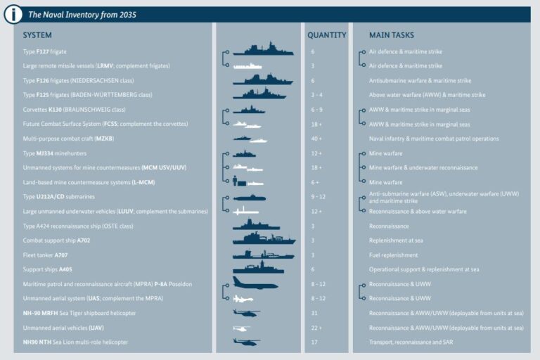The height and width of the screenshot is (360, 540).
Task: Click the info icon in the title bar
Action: (13, 14)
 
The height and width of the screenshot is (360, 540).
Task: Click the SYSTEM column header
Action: (37, 35)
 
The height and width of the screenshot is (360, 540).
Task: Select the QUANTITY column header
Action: (326, 35)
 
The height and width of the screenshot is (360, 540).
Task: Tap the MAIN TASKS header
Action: (392, 35)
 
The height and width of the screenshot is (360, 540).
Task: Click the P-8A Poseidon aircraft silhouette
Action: (255, 283)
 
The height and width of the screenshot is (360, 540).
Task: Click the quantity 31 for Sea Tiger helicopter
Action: (313, 313)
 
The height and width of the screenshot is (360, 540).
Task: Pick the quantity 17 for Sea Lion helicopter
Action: (313, 342)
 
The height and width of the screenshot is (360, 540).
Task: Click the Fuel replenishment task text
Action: (394, 255)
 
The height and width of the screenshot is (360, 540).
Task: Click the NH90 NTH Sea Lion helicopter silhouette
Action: (246, 342)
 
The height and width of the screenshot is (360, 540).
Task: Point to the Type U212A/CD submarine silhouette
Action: (250, 198)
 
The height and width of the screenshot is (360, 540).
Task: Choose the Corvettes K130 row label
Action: (74, 110)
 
